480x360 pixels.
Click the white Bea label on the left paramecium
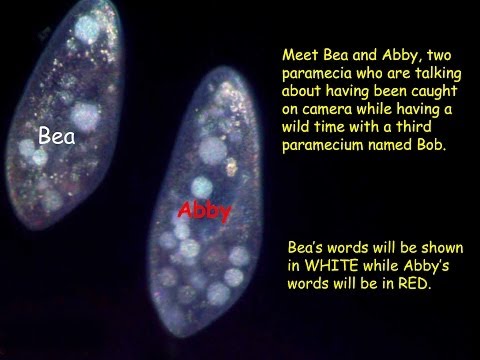56,134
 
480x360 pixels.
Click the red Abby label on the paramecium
205,211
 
